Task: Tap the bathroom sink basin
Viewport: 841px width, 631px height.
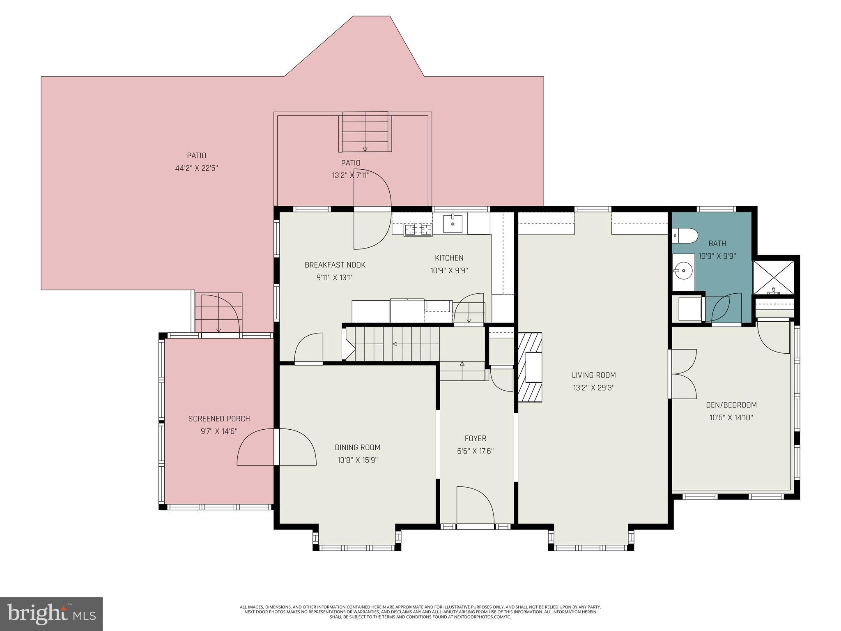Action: coord(682,270)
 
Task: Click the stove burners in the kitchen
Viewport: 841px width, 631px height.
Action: coord(418,230)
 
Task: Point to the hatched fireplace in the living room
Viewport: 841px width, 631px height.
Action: coord(530,367)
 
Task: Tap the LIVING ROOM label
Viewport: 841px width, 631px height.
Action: coord(593,375)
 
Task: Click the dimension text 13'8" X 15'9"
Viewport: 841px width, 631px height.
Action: coord(357,460)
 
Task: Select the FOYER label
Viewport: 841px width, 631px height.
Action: coord(476,438)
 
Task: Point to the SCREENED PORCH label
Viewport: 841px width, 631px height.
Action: coord(219,419)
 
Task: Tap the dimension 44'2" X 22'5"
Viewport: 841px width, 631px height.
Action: coord(196,168)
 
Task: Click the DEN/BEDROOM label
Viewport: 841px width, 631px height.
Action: coord(731,405)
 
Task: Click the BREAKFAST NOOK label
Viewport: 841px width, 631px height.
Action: coord(335,265)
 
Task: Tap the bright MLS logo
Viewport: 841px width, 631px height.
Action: coord(51,614)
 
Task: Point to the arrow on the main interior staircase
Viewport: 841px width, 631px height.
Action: coord(395,344)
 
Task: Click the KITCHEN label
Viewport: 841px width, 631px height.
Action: coord(449,258)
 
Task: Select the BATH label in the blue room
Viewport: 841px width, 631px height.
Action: coord(717,244)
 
